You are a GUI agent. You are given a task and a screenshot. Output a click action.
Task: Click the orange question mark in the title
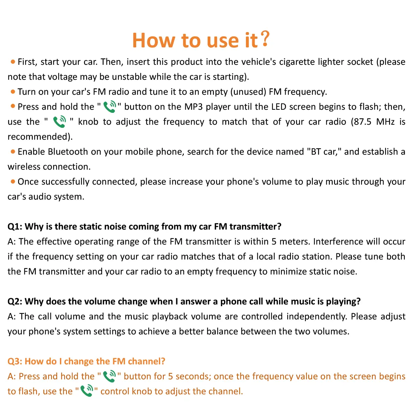265,39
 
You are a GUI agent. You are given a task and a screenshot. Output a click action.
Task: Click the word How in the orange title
154,40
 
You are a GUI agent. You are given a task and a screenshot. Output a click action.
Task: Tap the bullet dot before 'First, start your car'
13,62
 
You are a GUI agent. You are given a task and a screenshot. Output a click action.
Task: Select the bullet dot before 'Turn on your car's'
13,92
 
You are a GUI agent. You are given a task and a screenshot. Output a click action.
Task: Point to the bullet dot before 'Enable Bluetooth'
13,152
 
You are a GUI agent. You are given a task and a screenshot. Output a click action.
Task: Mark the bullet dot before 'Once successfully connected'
13,182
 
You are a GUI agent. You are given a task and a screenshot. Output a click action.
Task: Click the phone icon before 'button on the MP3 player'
110,107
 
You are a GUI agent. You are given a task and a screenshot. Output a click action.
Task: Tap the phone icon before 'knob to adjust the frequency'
59,122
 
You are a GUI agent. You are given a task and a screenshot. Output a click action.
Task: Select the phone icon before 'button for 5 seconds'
109,377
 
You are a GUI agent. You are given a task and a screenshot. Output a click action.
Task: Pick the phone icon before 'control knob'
87,391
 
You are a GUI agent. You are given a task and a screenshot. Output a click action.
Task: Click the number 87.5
363,122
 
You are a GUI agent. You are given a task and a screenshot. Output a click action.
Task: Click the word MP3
193,107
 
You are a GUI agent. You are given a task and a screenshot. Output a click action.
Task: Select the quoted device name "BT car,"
324,152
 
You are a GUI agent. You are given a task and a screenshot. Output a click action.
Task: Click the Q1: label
15,227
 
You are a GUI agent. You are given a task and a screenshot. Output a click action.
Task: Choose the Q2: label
15,302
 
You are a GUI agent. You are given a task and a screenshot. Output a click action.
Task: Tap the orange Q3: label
15,362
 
